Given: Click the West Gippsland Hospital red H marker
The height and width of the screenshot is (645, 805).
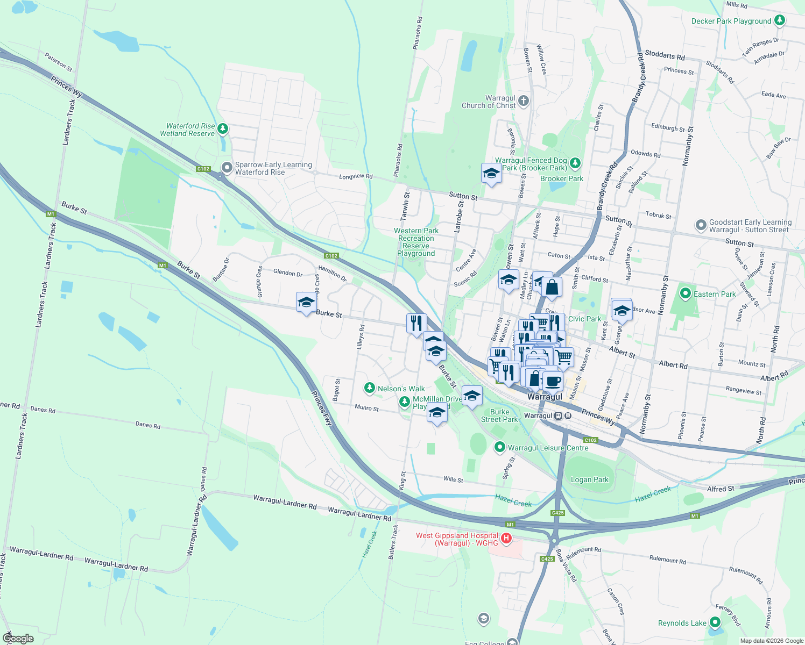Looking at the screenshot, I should click(506, 538).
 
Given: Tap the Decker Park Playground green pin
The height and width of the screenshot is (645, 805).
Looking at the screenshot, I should click(779, 20).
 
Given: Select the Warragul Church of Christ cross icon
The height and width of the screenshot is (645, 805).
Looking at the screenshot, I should click(523, 101).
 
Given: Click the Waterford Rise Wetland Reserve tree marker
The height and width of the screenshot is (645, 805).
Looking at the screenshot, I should click(223, 129).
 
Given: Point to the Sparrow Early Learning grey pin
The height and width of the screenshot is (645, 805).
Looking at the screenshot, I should click(227, 168).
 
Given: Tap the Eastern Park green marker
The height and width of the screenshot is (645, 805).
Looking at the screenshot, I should click(685, 293).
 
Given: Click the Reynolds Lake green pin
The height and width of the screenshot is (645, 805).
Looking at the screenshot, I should click(715, 622).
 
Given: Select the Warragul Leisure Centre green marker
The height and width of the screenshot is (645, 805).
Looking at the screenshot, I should click(500, 447).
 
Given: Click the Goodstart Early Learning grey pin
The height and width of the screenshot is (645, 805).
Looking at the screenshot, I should click(701, 225).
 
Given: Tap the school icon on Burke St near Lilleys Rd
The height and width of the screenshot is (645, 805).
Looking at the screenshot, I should click(306, 303).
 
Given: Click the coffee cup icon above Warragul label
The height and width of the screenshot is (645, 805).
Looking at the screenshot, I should click(553, 381).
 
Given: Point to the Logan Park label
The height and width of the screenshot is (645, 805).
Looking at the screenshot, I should click(590, 479).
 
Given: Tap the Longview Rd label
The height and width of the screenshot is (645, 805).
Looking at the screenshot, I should click(356, 176).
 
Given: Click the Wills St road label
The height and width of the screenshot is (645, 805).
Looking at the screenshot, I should click(453, 479).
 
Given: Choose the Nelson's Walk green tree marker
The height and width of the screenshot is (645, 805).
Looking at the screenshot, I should click(369, 388).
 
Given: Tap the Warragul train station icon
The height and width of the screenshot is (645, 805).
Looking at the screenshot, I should click(559, 415).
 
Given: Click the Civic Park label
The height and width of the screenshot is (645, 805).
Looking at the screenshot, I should click(584, 319).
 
